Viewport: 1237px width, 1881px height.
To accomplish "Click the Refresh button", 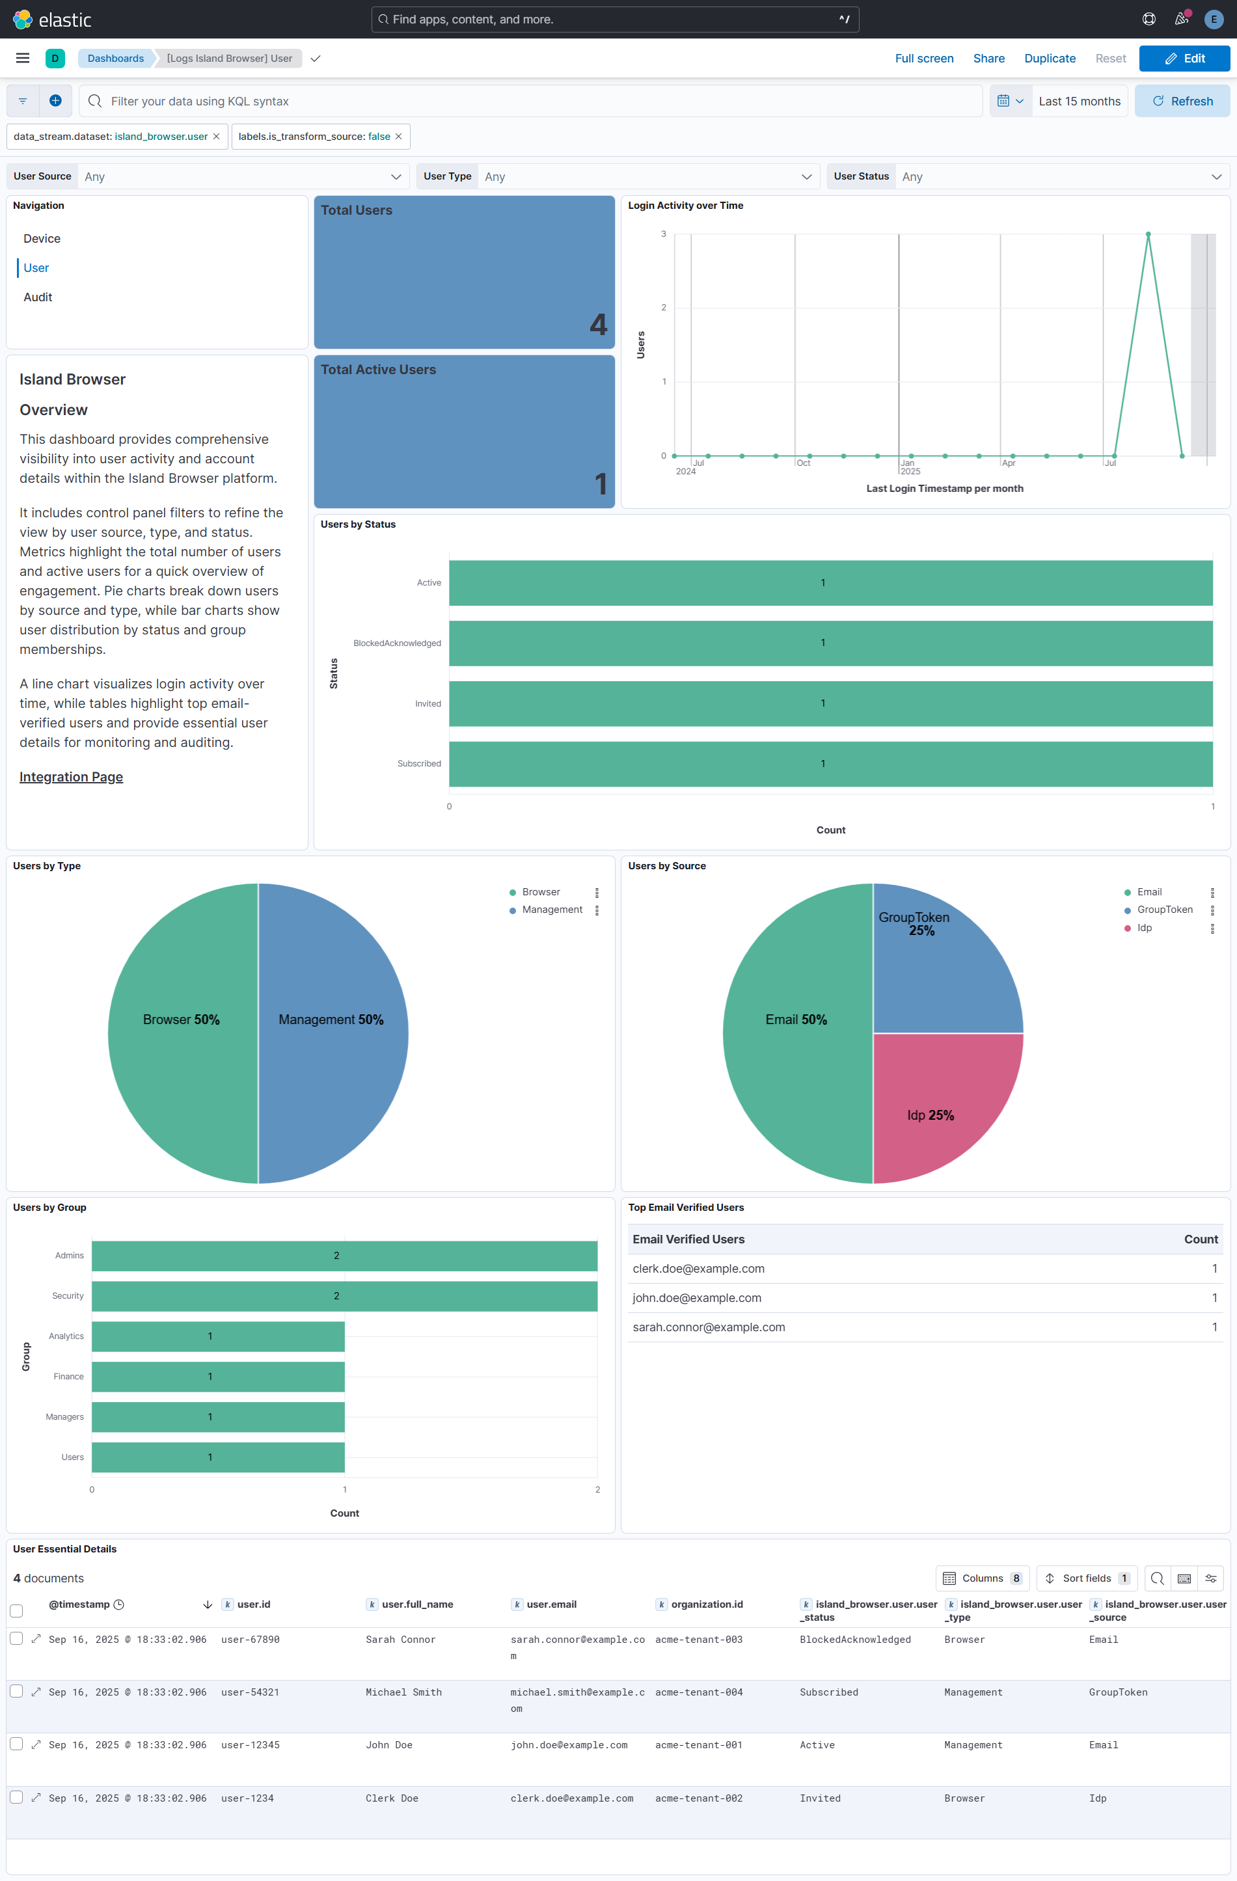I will [1182, 101].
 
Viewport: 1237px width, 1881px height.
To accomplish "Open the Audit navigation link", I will [38, 297].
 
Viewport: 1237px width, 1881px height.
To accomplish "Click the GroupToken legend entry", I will [1164, 910].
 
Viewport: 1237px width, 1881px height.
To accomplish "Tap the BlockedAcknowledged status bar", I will [830, 643].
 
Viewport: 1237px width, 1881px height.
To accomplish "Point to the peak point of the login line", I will [1148, 235].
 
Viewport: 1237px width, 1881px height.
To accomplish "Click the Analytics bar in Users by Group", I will [217, 1336].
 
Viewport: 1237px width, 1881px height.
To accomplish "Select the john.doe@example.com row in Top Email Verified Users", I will [697, 1298].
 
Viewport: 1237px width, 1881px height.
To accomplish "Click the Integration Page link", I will [71, 777].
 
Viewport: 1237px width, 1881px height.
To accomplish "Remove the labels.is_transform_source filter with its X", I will [398, 137].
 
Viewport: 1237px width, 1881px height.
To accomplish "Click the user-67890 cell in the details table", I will [251, 1639].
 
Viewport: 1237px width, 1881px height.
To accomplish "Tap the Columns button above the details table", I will [983, 1578].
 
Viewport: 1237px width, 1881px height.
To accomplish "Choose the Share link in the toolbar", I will [988, 59].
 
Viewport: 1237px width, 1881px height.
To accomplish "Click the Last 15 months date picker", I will [1079, 101].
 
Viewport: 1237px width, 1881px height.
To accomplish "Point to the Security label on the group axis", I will [68, 1296].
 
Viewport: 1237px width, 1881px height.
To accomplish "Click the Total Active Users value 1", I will [601, 483].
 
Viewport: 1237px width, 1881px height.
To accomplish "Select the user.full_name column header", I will [417, 1604].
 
